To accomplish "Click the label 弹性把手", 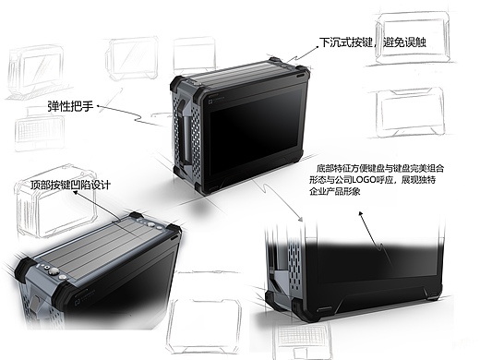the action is pos(70,106).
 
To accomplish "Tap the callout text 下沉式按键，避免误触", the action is pos(373,42).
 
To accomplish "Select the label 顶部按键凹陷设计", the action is pos(70,185).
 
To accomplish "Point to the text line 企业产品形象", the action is pos(334,191).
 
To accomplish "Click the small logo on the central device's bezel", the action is pos(210,101).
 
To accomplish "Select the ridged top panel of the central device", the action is pos(237,73).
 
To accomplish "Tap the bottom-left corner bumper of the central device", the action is pos(180,173).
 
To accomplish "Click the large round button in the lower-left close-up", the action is pos(54,271).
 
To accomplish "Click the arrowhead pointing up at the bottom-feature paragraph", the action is pos(361,213).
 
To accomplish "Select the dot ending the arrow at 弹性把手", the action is pos(98,106).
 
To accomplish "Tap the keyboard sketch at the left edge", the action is pos(40,131).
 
